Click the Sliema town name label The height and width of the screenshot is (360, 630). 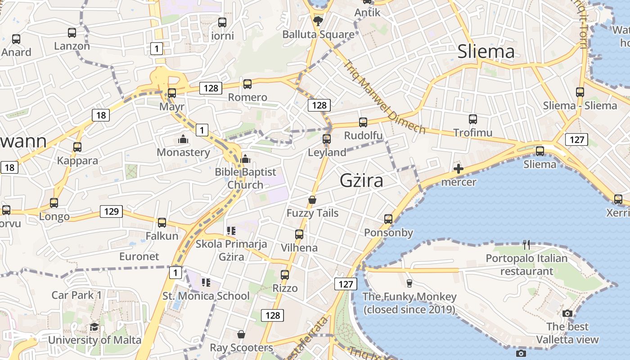(486, 52)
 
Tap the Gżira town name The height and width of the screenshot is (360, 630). (361, 180)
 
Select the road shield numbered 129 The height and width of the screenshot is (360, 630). (111, 211)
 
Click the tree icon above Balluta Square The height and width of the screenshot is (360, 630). (318, 21)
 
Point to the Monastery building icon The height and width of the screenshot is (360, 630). (183, 139)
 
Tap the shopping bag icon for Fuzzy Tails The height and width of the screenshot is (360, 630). (312, 200)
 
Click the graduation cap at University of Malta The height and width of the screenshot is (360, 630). (94, 327)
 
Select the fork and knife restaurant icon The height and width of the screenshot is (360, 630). (526, 245)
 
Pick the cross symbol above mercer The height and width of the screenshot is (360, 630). (459, 169)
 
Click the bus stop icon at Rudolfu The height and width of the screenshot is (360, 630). (363, 122)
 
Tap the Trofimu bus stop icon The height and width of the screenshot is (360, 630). (472, 119)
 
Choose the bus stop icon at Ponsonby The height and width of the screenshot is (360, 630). (388, 219)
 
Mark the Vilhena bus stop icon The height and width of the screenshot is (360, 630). (299, 234)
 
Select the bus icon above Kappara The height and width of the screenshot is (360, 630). (77, 147)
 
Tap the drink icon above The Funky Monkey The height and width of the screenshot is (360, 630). (409, 283)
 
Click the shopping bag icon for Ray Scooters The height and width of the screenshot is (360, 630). (241, 334)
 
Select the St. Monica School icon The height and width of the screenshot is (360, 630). (206, 283)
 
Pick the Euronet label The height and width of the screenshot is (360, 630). (139, 256)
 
